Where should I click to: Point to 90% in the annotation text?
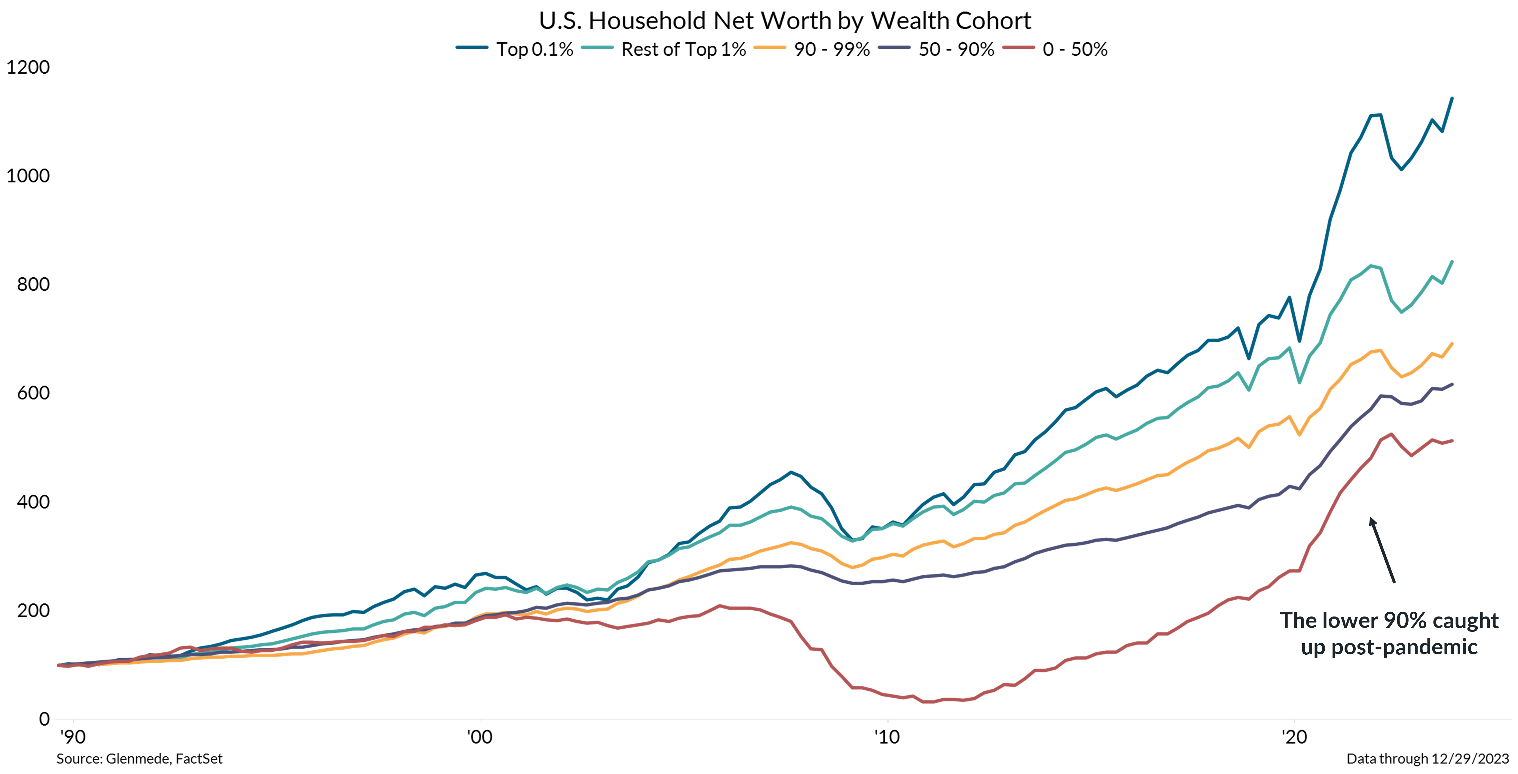1406,621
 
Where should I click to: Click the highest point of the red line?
1391,434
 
